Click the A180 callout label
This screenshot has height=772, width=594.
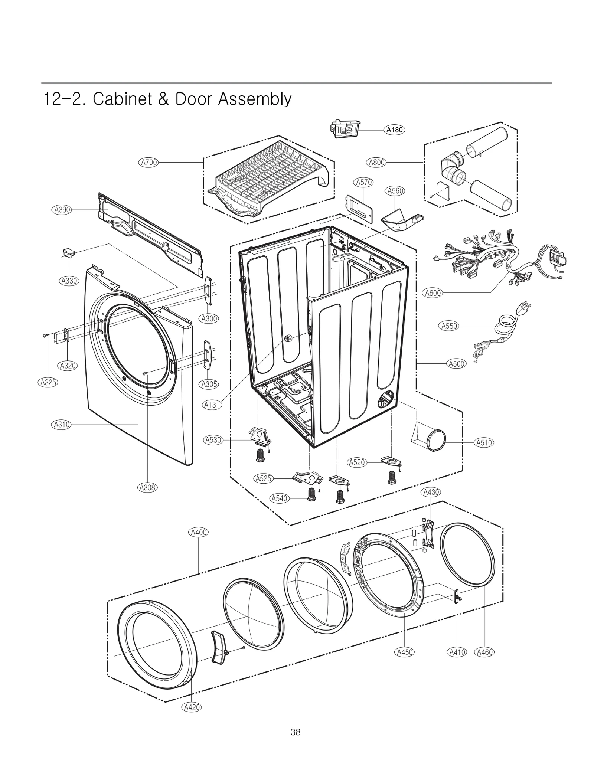pos(394,130)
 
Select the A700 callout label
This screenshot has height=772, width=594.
pos(148,162)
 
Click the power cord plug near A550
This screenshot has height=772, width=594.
pos(525,309)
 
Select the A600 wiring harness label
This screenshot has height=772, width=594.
pos(433,293)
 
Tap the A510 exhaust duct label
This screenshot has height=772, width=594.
pos(484,442)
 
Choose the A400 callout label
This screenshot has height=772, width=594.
pos(199,532)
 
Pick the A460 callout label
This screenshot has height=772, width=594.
pos(484,652)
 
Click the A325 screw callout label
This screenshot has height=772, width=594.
pos(48,382)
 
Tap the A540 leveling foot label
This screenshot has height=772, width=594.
pos(280,498)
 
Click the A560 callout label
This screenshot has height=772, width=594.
pos(395,191)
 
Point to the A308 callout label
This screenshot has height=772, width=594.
pos(147,487)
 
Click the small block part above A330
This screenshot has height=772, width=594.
pos(68,253)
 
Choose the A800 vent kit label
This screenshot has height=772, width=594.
pos(377,162)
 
